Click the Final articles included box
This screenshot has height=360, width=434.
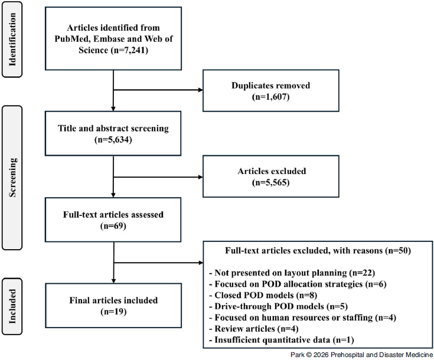[112, 305]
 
